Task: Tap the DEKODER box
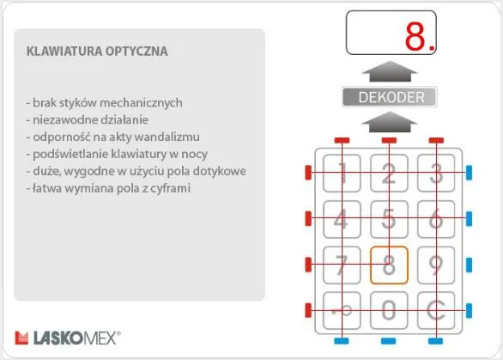pyautogui.click(x=390, y=97)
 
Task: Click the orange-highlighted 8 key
pyautogui.click(x=389, y=265)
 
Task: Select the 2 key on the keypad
pyautogui.click(x=389, y=174)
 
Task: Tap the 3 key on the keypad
pyautogui.click(x=436, y=174)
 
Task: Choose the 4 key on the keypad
pyautogui.click(x=341, y=219)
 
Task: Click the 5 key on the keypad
pyautogui.click(x=389, y=219)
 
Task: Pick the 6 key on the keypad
pyautogui.click(x=436, y=219)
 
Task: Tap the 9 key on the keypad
pyautogui.click(x=436, y=265)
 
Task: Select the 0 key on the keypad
pyautogui.click(x=389, y=310)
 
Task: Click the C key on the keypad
pyautogui.click(x=436, y=310)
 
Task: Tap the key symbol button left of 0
pyautogui.click(x=341, y=310)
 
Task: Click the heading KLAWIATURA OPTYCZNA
pyautogui.click(x=97, y=52)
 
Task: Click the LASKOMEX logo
pyautogui.click(x=69, y=337)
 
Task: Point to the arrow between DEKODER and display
pyautogui.click(x=390, y=71)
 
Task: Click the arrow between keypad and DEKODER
pyautogui.click(x=390, y=123)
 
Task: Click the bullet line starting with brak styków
pyautogui.click(x=104, y=102)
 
